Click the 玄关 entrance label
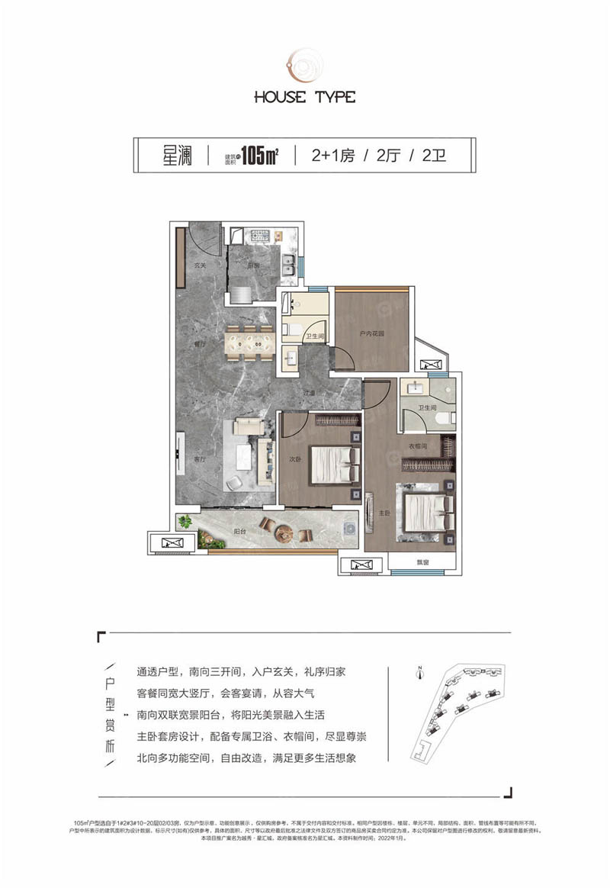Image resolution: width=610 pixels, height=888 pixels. pyautogui.click(x=201, y=265)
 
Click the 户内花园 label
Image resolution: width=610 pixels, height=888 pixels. pyautogui.click(x=372, y=334)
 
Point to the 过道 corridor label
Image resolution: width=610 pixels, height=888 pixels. pyautogui.click(x=308, y=394)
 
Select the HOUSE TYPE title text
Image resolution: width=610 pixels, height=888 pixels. pyautogui.click(x=305, y=97)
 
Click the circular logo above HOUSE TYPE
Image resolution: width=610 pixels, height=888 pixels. pyautogui.click(x=304, y=63)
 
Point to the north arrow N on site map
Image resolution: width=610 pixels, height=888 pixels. pyautogui.click(x=420, y=672)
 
